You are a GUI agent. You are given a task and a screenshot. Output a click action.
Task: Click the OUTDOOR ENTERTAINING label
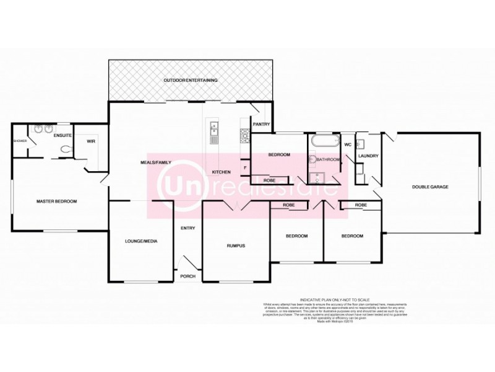[191, 81]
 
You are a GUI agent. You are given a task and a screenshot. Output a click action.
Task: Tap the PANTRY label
[262, 124]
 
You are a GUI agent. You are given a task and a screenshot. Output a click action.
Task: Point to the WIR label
[90, 141]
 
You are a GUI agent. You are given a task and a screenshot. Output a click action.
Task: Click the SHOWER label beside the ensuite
[20, 140]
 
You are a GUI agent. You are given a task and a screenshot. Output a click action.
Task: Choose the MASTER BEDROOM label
[56, 201]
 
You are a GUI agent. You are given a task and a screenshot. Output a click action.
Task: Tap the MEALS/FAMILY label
[155, 162]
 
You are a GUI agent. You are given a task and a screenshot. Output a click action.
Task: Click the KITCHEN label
[222, 172]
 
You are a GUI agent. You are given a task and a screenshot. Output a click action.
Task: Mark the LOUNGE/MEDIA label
[141, 241]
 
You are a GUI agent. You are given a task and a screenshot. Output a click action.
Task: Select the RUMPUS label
[236, 246]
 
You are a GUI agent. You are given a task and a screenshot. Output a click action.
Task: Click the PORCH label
[187, 277]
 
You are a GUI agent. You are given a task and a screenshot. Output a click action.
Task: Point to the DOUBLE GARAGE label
[431, 187]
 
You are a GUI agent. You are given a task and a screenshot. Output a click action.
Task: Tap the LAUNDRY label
[368, 156]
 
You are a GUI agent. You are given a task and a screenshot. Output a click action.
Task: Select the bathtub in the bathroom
[322, 140]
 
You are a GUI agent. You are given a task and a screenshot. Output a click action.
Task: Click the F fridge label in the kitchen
[245, 167]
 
